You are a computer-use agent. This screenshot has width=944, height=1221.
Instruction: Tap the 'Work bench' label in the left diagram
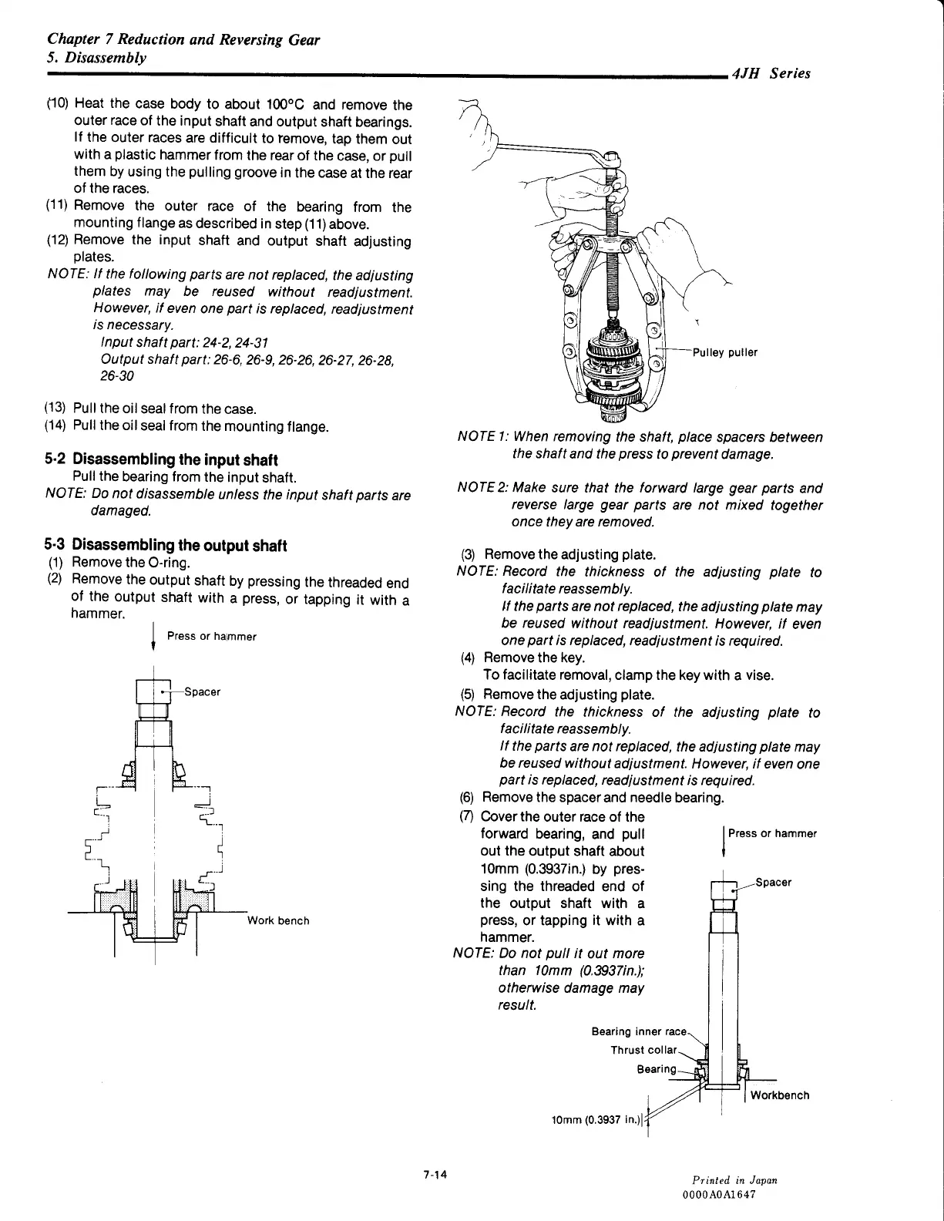(278, 920)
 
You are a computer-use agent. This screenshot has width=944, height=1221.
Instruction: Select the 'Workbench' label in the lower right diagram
(780, 1095)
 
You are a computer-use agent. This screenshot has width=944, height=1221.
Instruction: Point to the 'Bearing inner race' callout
(638, 1031)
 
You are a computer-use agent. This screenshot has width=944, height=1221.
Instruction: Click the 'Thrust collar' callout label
(643, 1050)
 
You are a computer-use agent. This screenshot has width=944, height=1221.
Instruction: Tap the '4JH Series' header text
(771, 74)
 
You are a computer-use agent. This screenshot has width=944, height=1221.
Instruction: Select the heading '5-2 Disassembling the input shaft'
(161, 460)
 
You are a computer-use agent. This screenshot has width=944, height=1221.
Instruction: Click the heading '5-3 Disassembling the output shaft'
(166, 546)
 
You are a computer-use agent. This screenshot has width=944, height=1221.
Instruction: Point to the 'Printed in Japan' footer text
(734, 1180)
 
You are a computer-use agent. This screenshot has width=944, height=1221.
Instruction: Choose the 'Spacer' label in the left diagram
(202, 692)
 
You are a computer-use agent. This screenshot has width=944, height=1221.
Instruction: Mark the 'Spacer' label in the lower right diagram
(773, 883)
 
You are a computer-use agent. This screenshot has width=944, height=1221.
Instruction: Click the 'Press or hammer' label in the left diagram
(211, 636)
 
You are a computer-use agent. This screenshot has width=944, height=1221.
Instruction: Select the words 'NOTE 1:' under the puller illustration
(482, 437)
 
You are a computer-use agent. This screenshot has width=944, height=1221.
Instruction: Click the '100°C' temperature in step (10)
(287, 105)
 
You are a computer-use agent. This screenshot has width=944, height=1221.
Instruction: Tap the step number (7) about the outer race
(468, 816)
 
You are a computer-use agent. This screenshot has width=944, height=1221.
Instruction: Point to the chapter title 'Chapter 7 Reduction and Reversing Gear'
(183, 39)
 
